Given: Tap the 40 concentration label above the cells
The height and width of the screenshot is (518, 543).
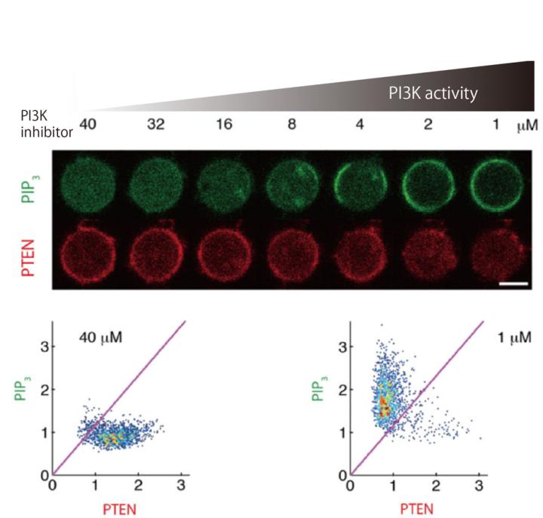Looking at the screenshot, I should pos(87,125).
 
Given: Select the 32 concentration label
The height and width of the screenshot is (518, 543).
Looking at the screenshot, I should pos(155,125).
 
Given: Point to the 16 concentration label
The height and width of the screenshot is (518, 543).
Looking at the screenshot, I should pos(222,125).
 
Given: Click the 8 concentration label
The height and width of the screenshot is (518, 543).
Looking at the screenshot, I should pos(292,125).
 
